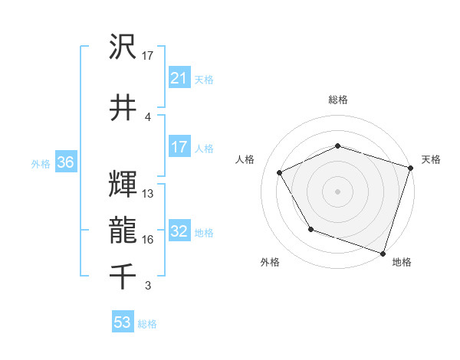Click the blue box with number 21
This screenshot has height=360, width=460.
pos(179,77)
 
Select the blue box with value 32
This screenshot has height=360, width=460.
pos(179,232)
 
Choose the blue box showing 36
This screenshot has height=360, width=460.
pos(65,163)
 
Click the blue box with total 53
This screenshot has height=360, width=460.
pos(123,322)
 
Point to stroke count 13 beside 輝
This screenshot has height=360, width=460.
pos(148,193)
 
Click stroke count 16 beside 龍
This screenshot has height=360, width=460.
pos(148,240)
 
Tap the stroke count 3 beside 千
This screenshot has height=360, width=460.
pos(148,286)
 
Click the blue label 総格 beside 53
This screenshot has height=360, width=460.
pos(147,324)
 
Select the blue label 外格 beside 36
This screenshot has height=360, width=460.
pos(41,164)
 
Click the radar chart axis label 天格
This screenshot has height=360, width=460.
pos(431,159)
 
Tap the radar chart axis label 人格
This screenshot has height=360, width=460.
pos(245,159)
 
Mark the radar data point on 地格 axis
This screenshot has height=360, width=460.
pos(382,253)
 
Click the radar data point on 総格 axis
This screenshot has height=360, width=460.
pos(337,146)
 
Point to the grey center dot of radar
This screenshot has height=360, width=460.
pos(337,191)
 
